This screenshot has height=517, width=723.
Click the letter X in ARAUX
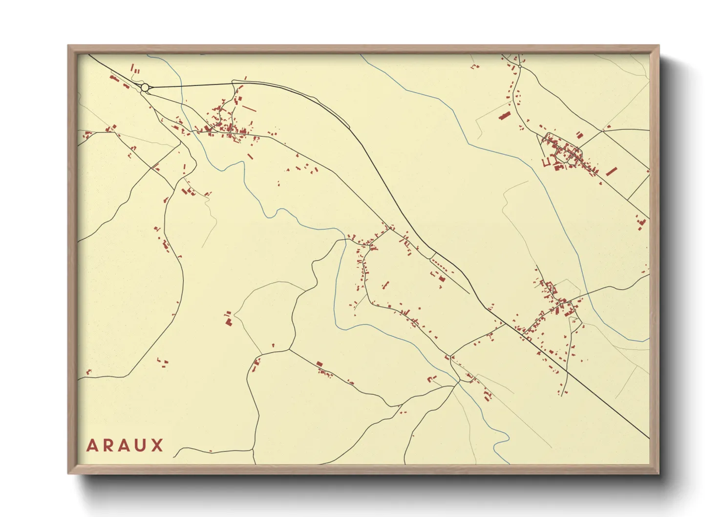point(157,446)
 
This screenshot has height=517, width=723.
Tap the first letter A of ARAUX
point(92,446)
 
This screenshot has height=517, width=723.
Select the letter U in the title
point(141,446)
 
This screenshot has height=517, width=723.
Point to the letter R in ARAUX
point(108,446)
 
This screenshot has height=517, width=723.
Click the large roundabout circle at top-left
point(145,87)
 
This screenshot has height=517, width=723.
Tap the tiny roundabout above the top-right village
point(520,66)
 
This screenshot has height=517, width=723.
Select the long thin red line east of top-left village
point(249,108)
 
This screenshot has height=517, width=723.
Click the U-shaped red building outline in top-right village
point(547,161)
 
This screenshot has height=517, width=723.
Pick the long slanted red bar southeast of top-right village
point(611,172)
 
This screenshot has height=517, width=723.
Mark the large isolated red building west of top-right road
point(504,116)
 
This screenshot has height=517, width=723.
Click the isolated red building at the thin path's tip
point(228,321)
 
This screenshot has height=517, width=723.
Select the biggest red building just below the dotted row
point(442,279)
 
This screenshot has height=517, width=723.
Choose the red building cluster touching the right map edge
point(641,223)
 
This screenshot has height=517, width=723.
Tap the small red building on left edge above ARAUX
point(88,372)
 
